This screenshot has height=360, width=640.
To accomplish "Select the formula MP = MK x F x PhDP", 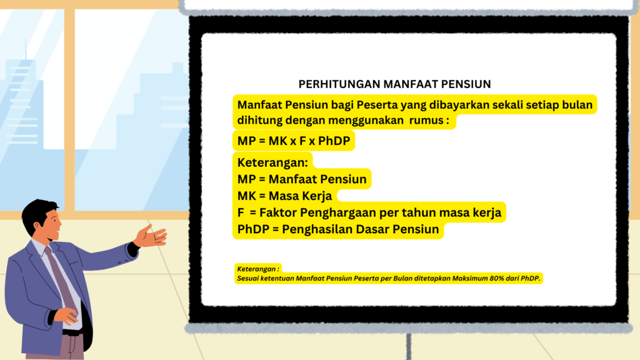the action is tap(294, 141).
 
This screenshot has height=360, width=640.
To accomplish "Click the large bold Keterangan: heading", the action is tap(272, 162).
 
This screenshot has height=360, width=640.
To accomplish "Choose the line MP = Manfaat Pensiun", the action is tap(302, 179).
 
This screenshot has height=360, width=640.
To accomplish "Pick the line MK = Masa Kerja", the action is tap(285, 196).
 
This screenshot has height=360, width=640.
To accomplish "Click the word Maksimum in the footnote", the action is tap(469, 278).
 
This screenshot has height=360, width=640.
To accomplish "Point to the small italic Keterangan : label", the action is tap(258, 269).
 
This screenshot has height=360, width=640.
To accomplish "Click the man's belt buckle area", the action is tap(73, 333).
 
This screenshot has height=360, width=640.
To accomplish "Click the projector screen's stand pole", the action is tap(409, 346).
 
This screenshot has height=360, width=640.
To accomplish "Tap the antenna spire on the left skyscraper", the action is tap(25, 49).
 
